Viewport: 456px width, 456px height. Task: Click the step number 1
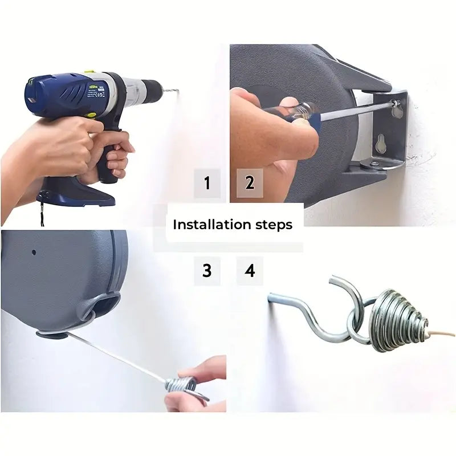click(207, 184)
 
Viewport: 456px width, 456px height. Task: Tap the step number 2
click(250, 184)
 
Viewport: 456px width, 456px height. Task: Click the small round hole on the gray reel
click(33, 251)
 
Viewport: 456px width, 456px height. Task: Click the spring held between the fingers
click(182, 386)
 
